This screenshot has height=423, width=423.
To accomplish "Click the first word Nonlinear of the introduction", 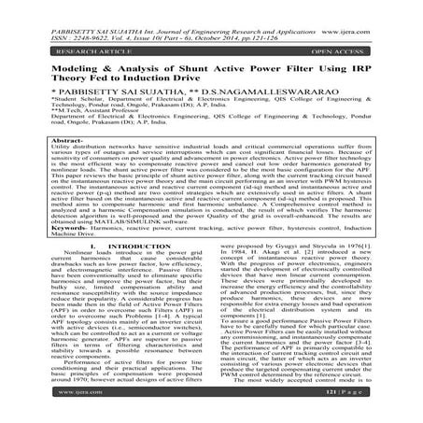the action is click(x=59, y=278).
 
